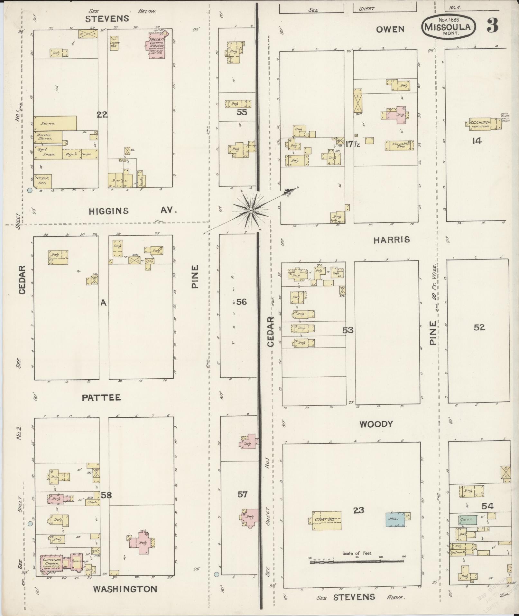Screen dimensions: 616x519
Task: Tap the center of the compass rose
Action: click(250, 210)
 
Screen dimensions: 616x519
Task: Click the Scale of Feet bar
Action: click(357, 561)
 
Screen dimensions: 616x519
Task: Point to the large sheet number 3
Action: click(492, 26)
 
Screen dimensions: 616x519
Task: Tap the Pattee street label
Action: click(101, 398)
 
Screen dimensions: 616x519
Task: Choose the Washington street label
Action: click(125, 589)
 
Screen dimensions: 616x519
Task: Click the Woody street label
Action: click(376, 423)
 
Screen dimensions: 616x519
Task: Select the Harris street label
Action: click(392, 240)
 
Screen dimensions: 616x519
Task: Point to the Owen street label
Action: click(390, 30)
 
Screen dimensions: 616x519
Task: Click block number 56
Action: click(242, 302)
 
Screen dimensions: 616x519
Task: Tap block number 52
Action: click(479, 327)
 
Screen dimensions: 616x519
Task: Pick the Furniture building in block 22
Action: click(55, 123)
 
